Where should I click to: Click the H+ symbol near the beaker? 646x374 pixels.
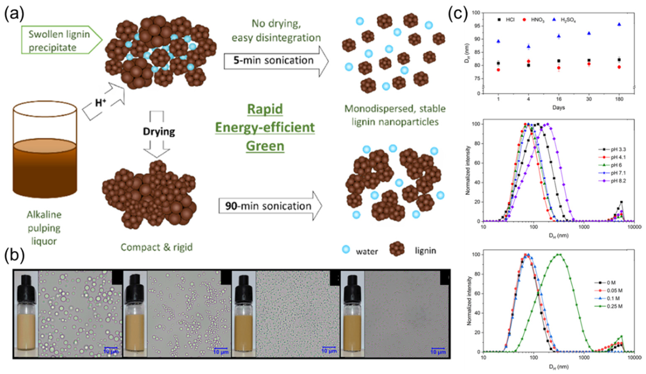tap(101, 103)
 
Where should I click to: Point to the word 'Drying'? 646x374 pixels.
tap(159, 132)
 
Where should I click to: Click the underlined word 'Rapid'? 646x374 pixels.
tap(265, 109)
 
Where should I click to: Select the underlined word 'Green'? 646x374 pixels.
tap(265, 146)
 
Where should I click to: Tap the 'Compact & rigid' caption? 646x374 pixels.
tap(156, 247)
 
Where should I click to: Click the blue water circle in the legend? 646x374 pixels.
tap(346, 249)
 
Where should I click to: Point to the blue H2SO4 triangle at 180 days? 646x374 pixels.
tap(619, 24)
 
